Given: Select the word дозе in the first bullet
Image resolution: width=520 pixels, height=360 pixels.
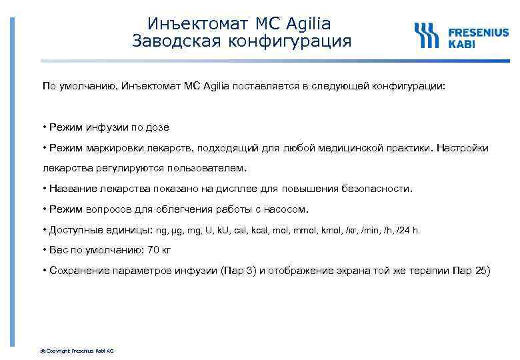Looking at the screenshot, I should coord(157,127).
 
